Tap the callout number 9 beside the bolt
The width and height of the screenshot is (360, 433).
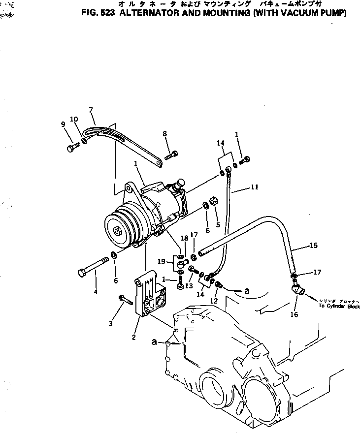64,124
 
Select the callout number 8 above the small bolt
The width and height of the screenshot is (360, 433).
165,133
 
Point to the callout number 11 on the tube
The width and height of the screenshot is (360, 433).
254,187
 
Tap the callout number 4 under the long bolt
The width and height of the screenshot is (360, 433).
96,292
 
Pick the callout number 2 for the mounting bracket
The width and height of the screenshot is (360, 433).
133,337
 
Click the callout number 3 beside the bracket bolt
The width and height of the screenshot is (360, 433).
111,323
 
